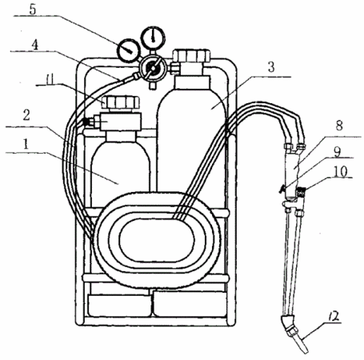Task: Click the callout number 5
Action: click(x=33, y=10)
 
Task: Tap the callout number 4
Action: click(x=35, y=45)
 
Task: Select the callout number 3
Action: click(x=271, y=67)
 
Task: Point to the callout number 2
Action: click(x=26, y=115)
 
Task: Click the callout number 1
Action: click(x=26, y=144)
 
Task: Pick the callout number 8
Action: click(x=339, y=126)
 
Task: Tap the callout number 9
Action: click(x=338, y=151)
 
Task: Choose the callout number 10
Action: click(x=341, y=171)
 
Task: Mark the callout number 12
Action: click(x=333, y=316)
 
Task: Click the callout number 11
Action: click(x=50, y=79)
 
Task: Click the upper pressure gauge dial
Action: click(x=153, y=38)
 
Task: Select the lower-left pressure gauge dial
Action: click(x=128, y=50)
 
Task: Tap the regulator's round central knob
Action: click(x=153, y=68)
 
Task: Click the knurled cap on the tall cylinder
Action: click(x=191, y=55)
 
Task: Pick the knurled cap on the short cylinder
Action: click(x=121, y=102)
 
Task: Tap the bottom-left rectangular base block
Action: click(x=119, y=304)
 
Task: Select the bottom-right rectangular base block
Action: click(x=190, y=304)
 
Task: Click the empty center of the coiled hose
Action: click(x=157, y=240)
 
